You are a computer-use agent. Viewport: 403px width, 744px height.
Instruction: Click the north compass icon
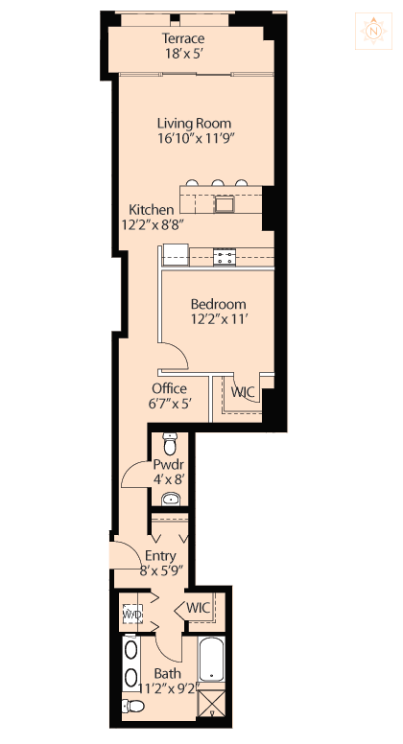[x=373, y=32]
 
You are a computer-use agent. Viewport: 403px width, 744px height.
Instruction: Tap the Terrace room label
[x=183, y=38]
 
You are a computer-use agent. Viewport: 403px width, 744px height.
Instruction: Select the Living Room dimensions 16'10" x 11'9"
[x=197, y=138]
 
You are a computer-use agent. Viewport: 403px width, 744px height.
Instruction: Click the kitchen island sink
[x=224, y=204]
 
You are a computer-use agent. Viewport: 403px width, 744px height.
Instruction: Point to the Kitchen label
[x=152, y=209]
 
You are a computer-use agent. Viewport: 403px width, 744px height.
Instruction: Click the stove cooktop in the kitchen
[x=224, y=257]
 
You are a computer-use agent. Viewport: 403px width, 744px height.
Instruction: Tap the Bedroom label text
[x=219, y=304]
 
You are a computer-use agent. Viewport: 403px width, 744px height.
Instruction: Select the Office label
[x=169, y=388]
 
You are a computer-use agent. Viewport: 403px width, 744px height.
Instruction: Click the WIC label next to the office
[x=243, y=392]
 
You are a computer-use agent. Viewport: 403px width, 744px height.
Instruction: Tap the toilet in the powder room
[x=170, y=444]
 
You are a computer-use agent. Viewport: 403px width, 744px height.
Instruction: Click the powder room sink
[x=171, y=499]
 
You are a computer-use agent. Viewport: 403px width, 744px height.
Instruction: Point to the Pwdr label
[x=169, y=465]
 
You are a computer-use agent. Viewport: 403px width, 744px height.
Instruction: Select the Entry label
[x=160, y=556]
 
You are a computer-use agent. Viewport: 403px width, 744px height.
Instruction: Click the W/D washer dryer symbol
[x=132, y=615]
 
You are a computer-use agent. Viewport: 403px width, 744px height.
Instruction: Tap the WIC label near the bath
[x=199, y=608]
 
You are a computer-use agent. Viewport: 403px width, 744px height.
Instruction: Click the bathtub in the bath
[x=212, y=660]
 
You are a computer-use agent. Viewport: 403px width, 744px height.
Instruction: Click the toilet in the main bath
[x=132, y=706]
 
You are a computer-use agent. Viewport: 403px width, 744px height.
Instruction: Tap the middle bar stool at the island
[x=218, y=183]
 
